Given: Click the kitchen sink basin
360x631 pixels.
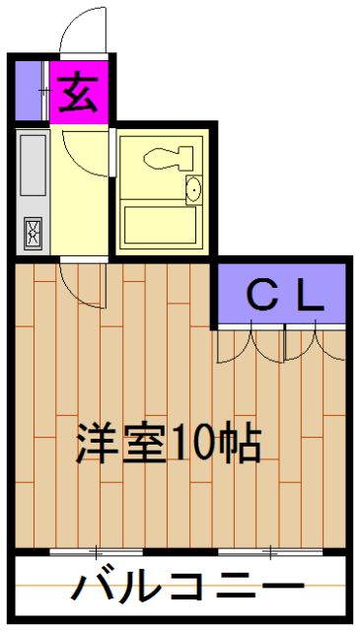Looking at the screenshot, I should click(33, 167).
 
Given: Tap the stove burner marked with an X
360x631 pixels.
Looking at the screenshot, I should click(34, 234).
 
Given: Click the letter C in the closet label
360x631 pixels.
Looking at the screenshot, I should click(260, 294).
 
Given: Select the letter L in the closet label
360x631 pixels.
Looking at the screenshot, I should click(310, 294).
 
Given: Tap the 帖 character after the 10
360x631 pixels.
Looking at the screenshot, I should click(243, 446).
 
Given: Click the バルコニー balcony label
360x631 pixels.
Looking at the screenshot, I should click(183, 589).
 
